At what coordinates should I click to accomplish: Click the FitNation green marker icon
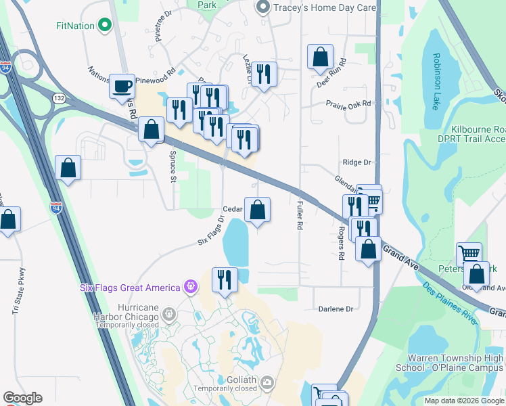coord(104,26)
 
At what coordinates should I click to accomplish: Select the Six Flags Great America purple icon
coord(191,287)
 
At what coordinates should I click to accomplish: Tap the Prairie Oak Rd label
coord(348,104)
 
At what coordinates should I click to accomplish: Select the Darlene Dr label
coord(336,309)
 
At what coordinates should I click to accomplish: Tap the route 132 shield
coord(59,98)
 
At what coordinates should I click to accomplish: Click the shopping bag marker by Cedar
coord(257,210)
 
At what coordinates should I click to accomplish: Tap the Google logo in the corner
coord(22,398)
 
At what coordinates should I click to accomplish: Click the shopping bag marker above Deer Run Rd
coord(321,58)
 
